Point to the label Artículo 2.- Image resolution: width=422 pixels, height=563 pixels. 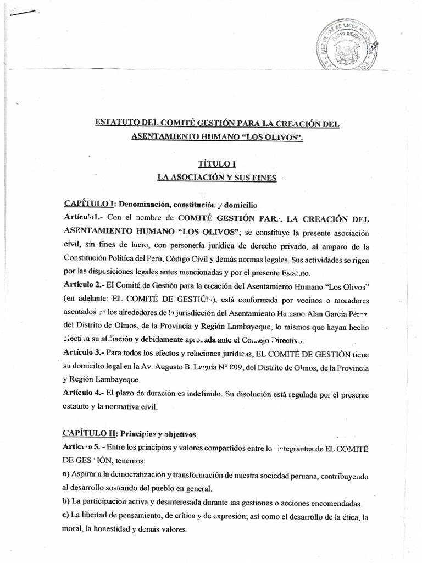tap(84, 286)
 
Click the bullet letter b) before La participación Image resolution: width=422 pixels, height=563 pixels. tap(66, 503)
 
